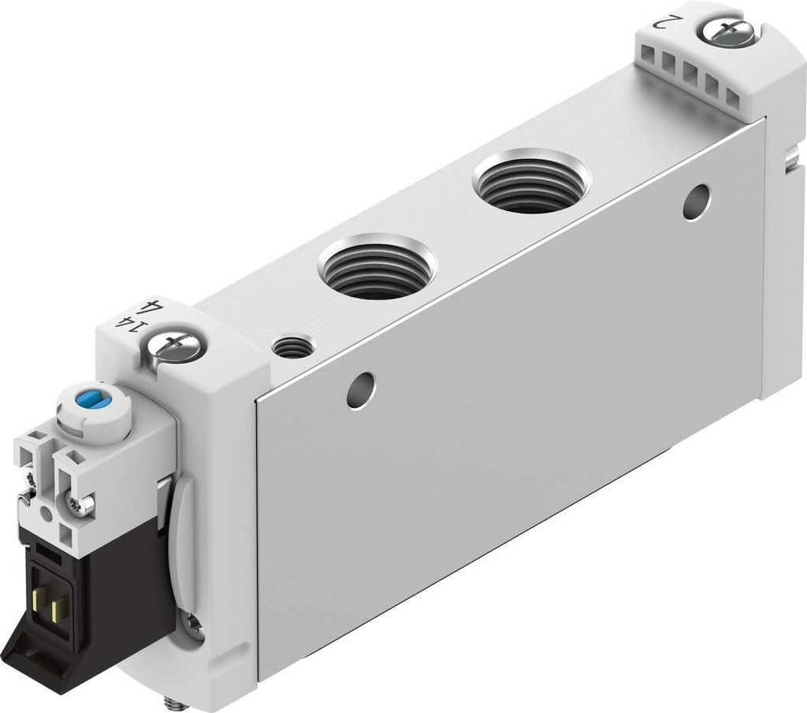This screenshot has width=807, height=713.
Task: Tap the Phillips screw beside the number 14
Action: click(177, 344)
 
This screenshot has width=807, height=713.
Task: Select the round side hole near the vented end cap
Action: click(696, 202)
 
